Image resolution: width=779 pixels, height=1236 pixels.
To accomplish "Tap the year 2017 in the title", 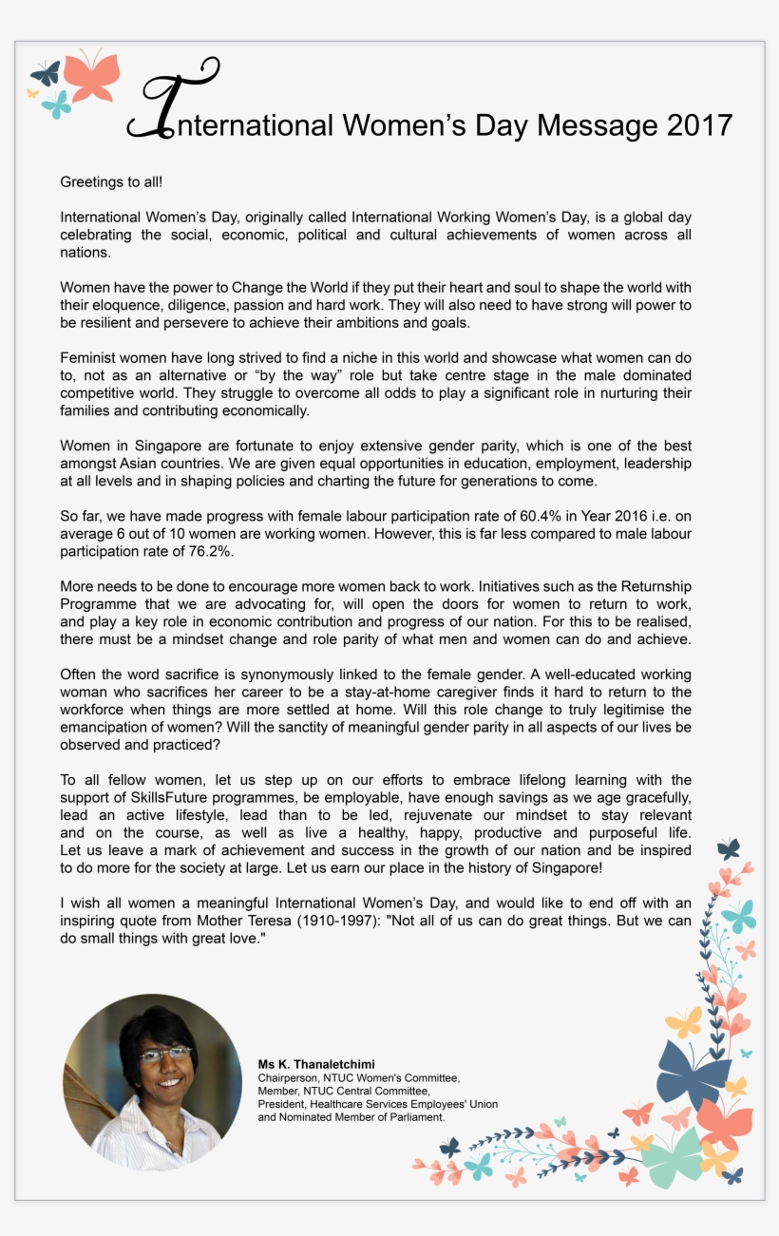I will coord(699,125).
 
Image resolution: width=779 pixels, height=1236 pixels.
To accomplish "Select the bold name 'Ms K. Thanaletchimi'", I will coord(316,1064).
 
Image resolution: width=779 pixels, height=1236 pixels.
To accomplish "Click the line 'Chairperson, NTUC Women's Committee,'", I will coord(358,1078).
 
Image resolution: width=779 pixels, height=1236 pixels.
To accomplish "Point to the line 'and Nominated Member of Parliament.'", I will coord(351,1117).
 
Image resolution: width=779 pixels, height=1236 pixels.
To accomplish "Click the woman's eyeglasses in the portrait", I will coord(164,1054).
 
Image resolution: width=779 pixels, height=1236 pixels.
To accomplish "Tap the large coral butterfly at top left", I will coord(92,77).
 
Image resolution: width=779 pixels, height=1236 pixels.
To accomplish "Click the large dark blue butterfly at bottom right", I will coord(693,1072).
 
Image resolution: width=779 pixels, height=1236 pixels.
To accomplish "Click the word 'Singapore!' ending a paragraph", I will coord(567,868).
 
